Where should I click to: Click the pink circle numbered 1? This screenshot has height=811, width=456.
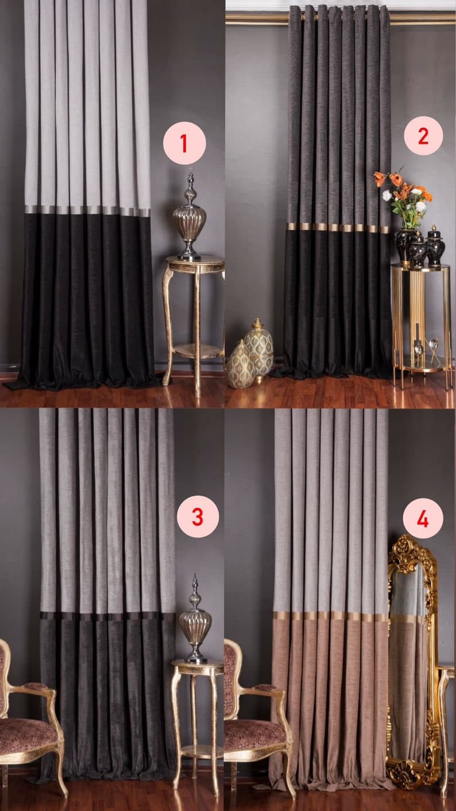click(x=184, y=143)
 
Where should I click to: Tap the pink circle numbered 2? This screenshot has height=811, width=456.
click(x=423, y=136)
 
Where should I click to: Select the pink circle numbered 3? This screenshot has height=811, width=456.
click(x=198, y=516)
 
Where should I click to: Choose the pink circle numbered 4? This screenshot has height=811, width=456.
click(x=423, y=519)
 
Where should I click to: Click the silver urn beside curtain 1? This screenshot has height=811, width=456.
click(x=190, y=217)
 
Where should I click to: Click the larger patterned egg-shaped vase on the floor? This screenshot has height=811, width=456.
click(x=258, y=349)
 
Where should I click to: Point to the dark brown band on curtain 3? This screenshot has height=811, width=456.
click(x=107, y=616)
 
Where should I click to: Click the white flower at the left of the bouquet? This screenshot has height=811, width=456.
click(x=387, y=195)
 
